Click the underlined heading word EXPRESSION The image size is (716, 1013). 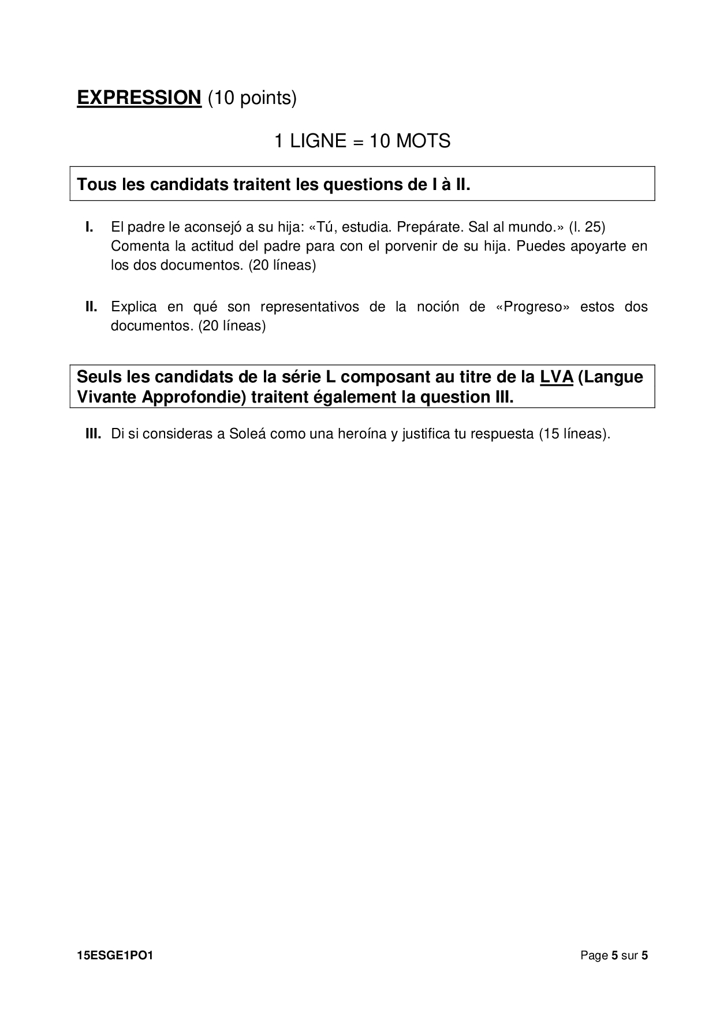[139, 98]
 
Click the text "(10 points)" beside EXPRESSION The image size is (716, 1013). [252, 98]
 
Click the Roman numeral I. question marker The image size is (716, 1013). [89, 227]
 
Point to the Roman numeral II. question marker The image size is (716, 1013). [91, 307]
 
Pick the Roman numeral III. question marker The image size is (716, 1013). [94, 434]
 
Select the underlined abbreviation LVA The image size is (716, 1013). [556, 377]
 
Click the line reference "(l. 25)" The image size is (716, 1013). [587, 227]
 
